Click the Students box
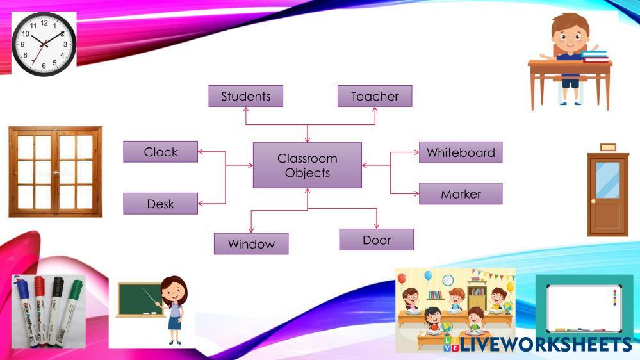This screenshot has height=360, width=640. point(245,96)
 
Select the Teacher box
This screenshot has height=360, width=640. point(374,96)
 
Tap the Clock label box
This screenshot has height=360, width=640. point(161,152)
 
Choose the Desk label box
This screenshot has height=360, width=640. point(160,204)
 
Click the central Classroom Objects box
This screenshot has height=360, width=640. point(307,165)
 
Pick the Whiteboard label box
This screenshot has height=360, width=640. point(460,152)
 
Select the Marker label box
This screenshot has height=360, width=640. point(460,193)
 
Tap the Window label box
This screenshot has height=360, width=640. point(250,243)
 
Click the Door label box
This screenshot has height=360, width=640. point(376,240)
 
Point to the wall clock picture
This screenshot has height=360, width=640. point(44,44)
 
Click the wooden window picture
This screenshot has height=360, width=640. point(55,172)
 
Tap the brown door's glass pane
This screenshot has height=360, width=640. point(607,180)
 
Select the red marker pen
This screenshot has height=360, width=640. point(40,309)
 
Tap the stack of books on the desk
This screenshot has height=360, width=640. point(595,56)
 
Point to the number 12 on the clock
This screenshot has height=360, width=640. point(44,22)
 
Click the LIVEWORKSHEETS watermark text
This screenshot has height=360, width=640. point(545,345)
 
